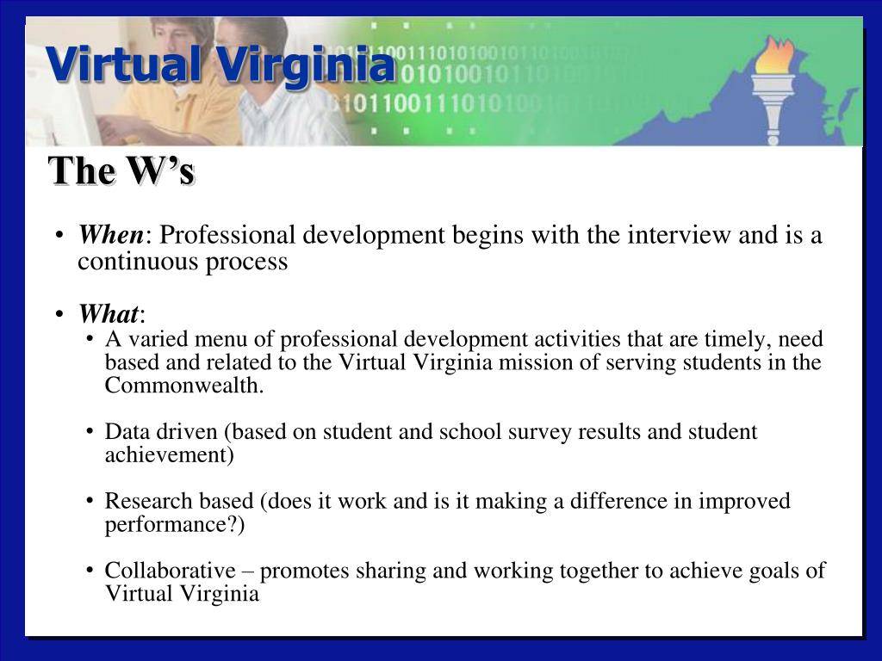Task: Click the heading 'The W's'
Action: point(121,171)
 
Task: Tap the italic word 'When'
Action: point(111,235)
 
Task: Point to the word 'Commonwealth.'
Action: point(184,386)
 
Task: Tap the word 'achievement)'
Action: point(170,455)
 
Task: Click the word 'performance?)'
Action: point(175,524)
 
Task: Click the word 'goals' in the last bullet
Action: point(780,570)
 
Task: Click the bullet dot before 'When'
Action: point(59,237)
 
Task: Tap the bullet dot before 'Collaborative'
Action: point(90,571)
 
